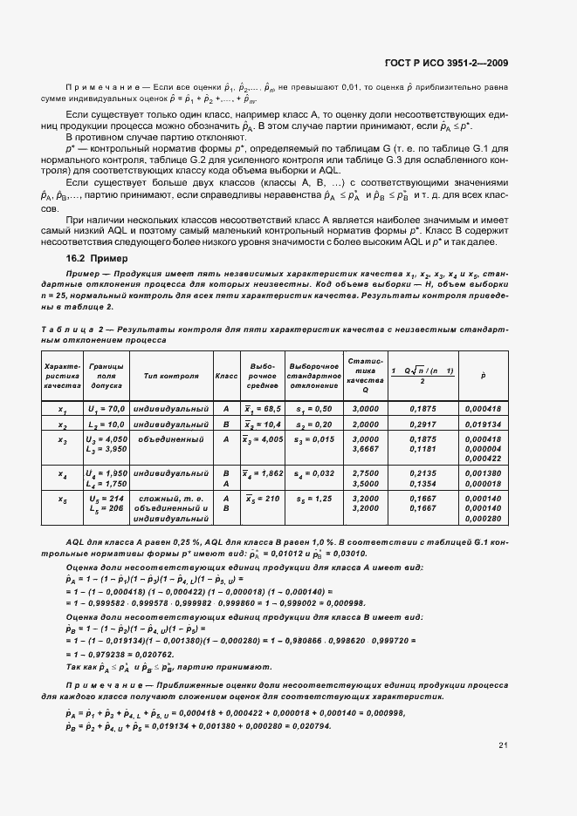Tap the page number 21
(x=504, y=745)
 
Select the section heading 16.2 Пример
(x=96, y=259)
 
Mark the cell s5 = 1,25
(x=313, y=500)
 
